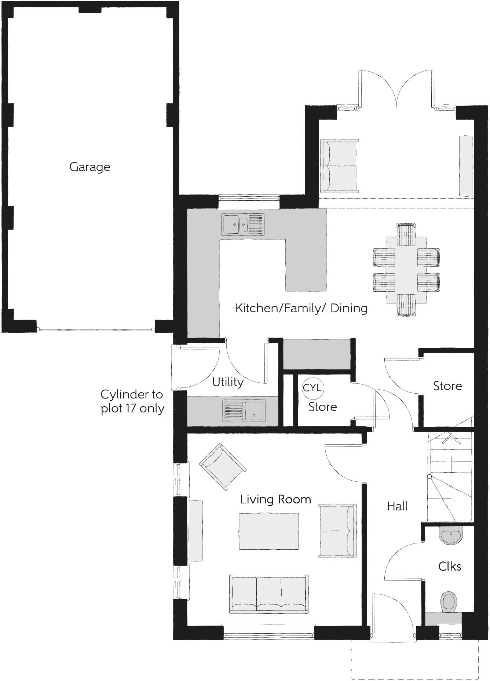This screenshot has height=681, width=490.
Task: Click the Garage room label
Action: pyautogui.click(x=90, y=167)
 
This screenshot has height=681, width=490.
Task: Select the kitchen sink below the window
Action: pyautogui.click(x=242, y=225)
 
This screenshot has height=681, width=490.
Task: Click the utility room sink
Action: pyautogui.click(x=244, y=410)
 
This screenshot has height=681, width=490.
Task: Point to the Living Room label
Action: pyautogui.click(x=275, y=499)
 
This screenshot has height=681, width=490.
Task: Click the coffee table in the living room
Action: pyautogui.click(x=268, y=531)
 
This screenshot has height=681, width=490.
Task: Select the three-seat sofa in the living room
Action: pyautogui.click(x=268, y=594)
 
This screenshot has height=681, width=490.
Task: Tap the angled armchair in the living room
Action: pyautogui.click(x=222, y=466)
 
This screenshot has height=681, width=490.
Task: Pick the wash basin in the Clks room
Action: pyautogui.click(x=451, y=536)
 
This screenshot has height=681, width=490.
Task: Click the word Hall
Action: pyautogui.click(x=397, y=506)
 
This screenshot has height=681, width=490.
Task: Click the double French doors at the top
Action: pyautogui.click(x=396, y=90)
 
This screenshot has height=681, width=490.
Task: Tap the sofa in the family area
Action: pyautogui.click(x=339, y=165)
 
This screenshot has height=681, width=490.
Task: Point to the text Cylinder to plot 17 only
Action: pyautogui.click(x=132, y=401)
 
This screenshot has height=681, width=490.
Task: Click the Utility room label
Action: pyautogui.click(x=228, y=382)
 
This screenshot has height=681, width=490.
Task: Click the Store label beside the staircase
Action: pyautogui.click(x=447, y=386)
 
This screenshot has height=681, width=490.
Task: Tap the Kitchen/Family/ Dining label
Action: pyautogui.click(x=301, y=308)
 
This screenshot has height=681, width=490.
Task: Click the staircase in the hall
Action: pyautogui.click(x=450, y=477)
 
